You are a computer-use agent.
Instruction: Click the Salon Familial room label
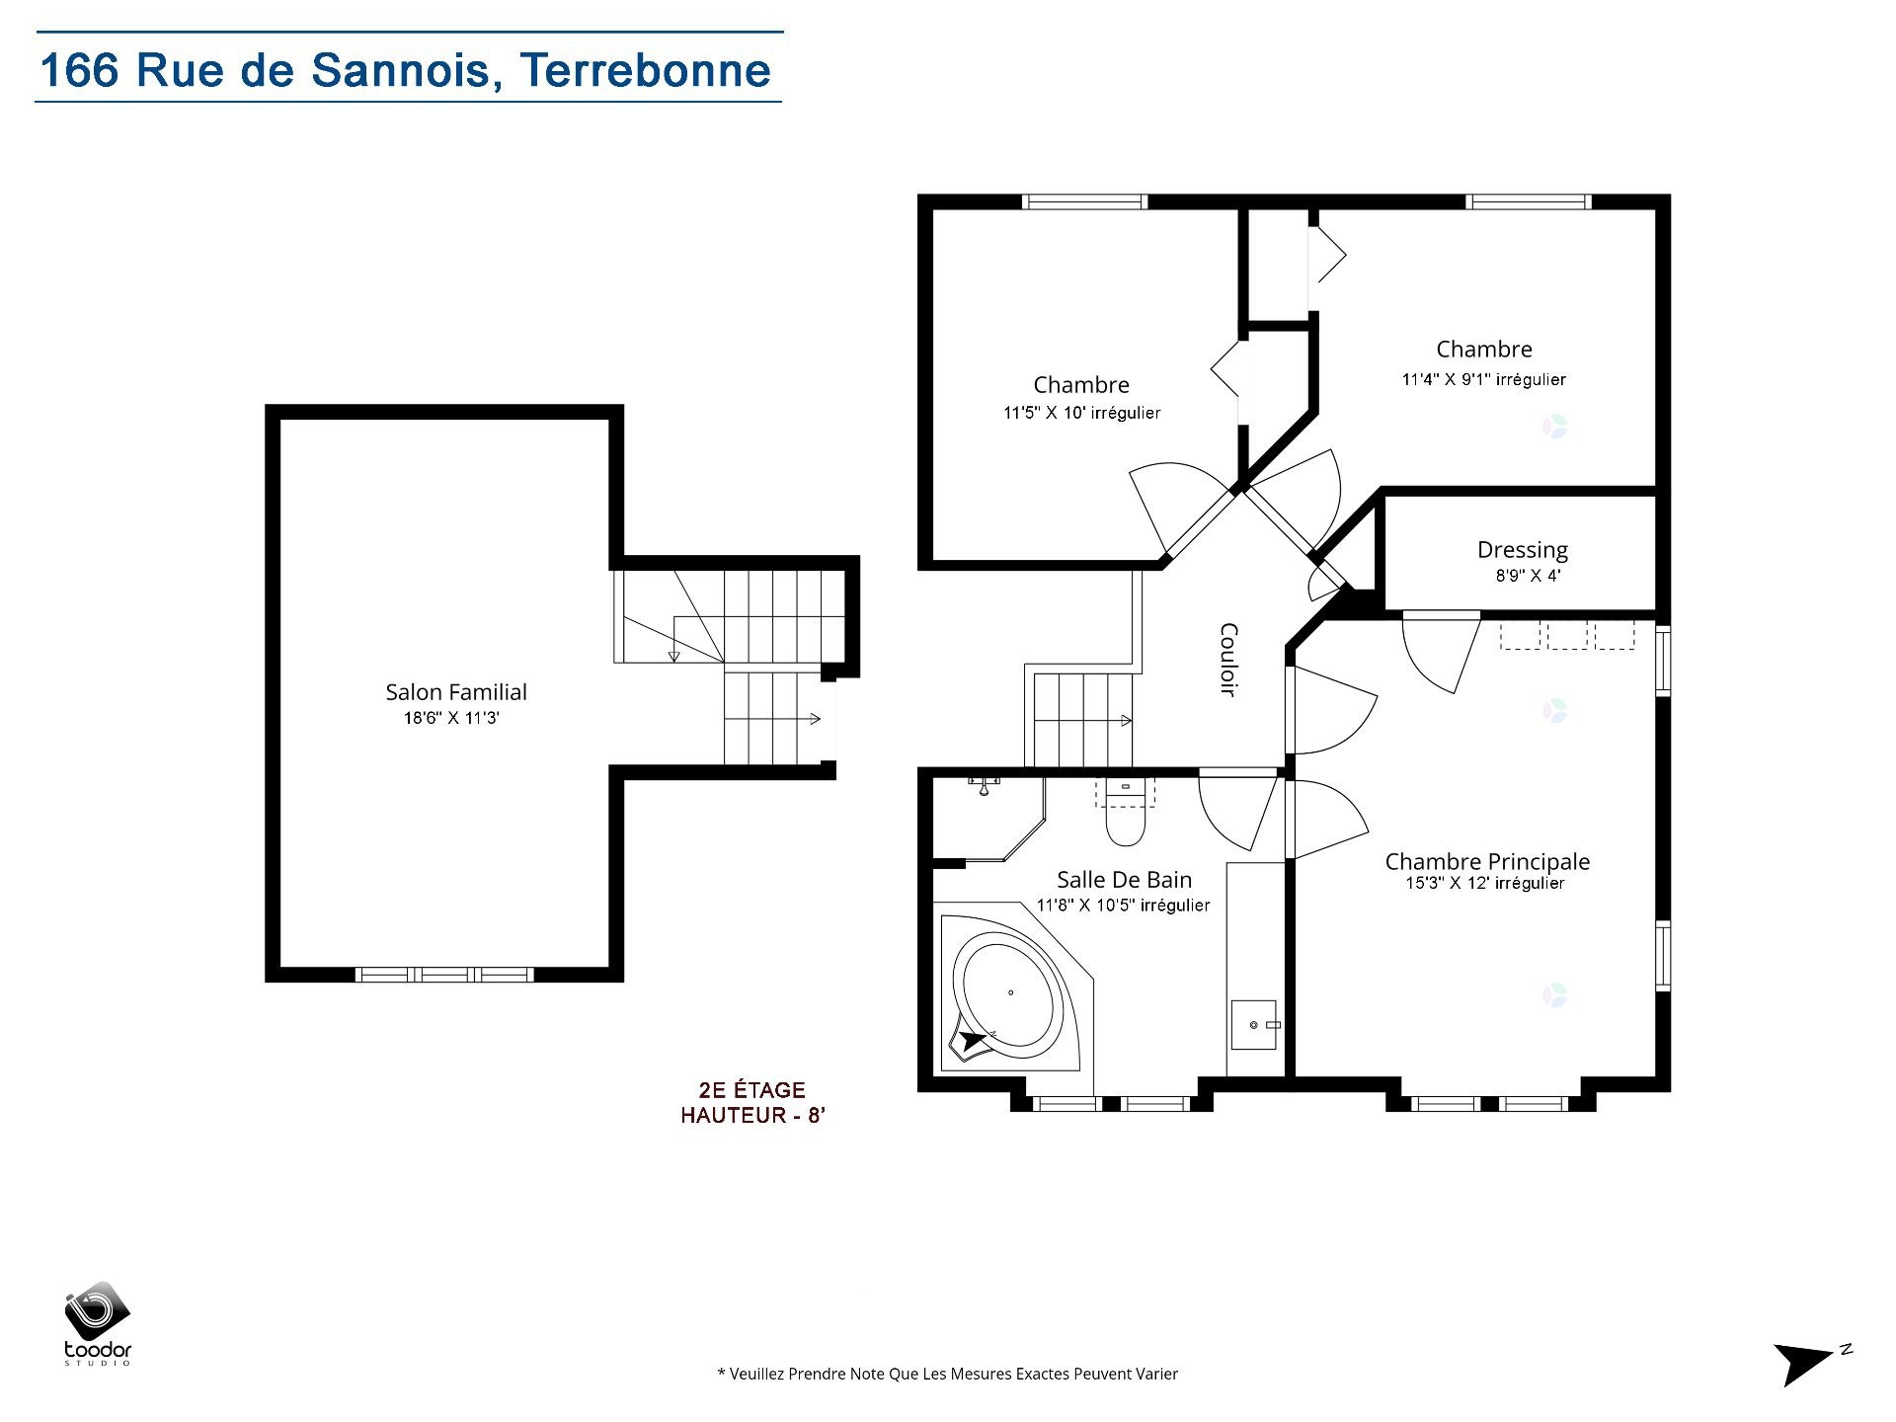point(455,692)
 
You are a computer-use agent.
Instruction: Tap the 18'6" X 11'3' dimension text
point(451,719)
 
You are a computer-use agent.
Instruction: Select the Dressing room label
point(1522,550)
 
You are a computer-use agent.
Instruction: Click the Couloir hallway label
point(1228,660)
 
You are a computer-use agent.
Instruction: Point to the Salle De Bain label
point(1124,880)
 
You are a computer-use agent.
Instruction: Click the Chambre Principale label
point(1486,861)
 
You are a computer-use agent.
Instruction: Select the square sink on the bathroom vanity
point(1254,1025)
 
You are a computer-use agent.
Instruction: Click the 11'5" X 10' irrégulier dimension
point(1081,413)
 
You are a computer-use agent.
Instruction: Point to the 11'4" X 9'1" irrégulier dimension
point(1483,379)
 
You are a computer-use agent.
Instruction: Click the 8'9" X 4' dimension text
point(1527,576)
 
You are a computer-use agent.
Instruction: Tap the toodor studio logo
point(98,1323)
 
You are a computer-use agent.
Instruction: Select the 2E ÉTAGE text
point(751,1090)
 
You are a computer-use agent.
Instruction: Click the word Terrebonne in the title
point(645,70)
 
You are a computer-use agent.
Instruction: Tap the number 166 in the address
point(79,70)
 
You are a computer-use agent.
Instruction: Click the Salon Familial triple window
point(444,975)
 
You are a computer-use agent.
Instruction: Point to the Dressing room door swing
point(1437,652)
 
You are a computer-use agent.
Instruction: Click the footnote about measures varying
point(947,1374)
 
